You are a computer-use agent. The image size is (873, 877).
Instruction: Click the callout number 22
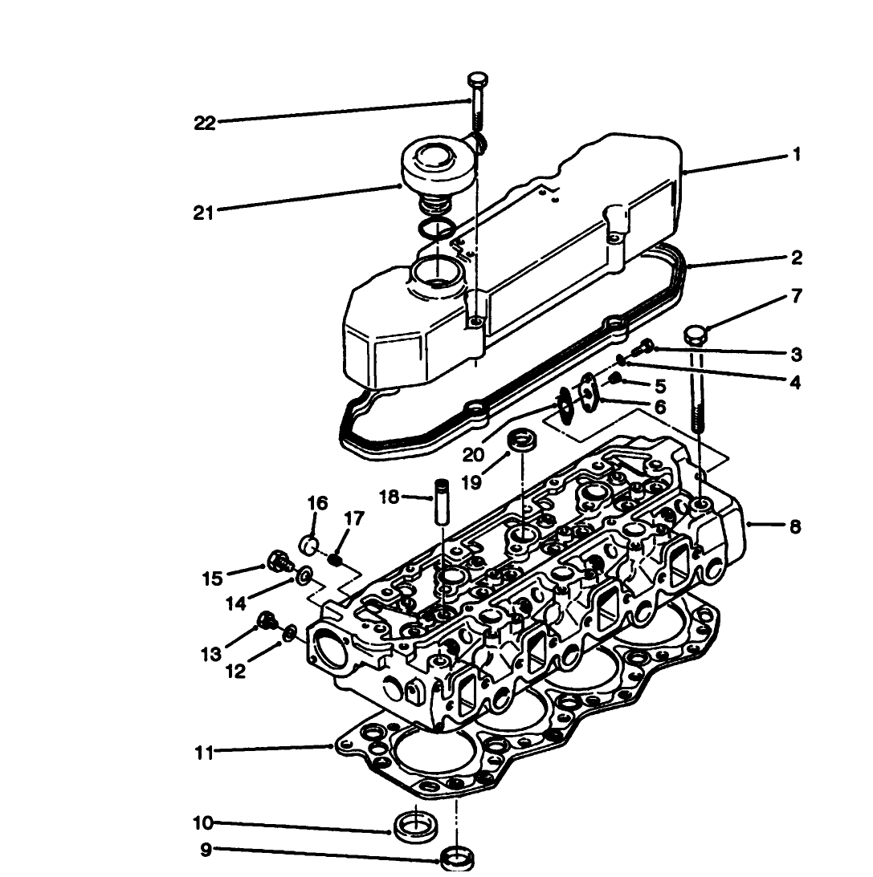(x=205, y=123)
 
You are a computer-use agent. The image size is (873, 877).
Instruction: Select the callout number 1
(x=796, y=155)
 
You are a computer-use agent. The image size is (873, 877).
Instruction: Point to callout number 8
(x=795, y=528)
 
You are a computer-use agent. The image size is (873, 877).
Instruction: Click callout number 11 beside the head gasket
(x=203, y=753)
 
